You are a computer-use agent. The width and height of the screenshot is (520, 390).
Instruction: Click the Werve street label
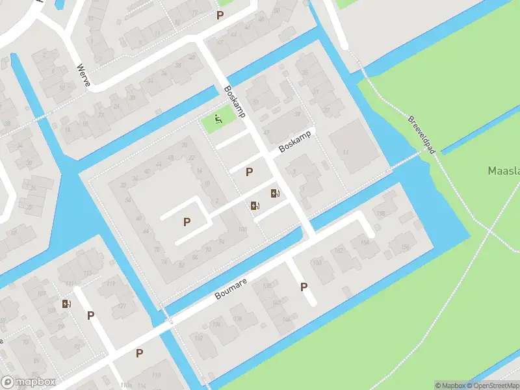(83, 75)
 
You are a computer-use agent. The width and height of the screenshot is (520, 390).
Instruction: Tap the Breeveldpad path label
(421, 135)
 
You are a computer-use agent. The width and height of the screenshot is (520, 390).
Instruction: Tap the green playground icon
(218, 120)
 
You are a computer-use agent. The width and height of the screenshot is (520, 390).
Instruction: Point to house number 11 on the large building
(346, 152)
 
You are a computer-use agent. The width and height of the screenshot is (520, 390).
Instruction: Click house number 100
(243, 229)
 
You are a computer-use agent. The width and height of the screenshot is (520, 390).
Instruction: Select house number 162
(338, 250)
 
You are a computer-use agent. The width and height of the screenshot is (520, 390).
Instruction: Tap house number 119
(110, 284)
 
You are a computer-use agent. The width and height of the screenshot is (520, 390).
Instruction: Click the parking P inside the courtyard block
(187, 222)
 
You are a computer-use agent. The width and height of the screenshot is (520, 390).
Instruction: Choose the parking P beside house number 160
(304, 287)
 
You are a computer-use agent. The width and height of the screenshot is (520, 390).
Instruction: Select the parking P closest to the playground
(249, 172)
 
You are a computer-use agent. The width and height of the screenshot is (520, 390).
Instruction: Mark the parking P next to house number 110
(139, 354)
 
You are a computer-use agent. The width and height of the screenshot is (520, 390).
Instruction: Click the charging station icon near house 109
(66, 303)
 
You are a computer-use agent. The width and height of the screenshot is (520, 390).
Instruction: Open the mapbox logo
(29, 382)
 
